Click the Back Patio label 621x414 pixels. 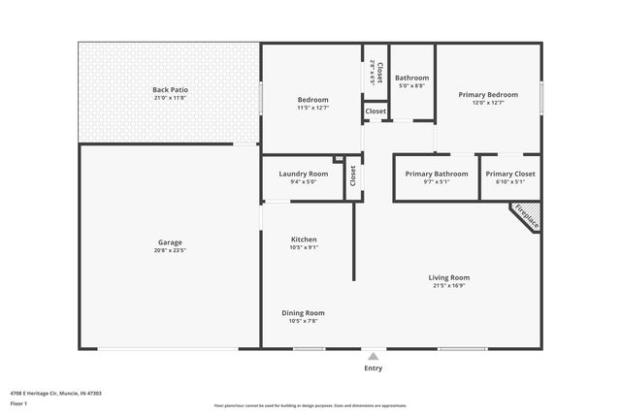pos(169,90)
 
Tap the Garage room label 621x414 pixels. pos(170,242)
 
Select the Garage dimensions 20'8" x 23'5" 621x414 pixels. pos(170,250)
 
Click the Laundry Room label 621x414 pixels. pos(303,174)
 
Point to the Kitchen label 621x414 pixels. pos(304,239)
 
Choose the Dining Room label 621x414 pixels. pos(303,313)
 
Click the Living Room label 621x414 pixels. pos(449,278)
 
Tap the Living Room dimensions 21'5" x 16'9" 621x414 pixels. pos(449,286)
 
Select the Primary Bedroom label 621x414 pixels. pos(488,94)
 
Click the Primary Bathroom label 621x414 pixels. pos(436,174)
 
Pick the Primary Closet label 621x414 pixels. pos(510,174)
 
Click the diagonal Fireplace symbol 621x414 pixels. pos(525,216)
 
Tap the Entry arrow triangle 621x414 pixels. pos(373,357)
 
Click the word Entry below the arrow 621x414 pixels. pos(373,368)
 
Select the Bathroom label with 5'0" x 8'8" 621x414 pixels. pos(411,79)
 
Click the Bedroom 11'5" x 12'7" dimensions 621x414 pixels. pos(312,107)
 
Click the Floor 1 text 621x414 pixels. pos(19,402)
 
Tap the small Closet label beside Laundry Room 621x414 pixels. pos(353,175)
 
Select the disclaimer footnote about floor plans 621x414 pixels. pos(310,405)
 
